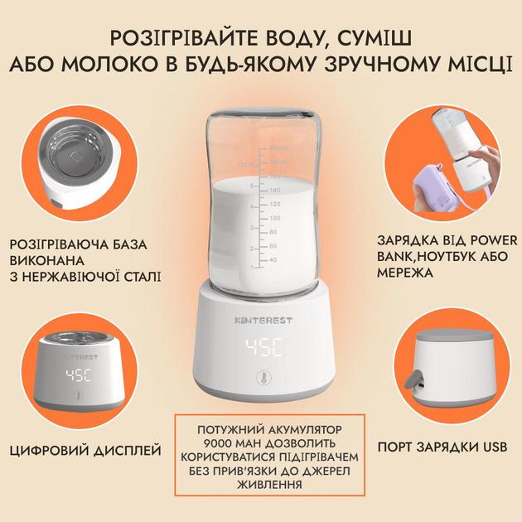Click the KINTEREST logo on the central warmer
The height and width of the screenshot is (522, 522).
[263, 321]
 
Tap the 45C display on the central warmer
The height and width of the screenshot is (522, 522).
[264, 347]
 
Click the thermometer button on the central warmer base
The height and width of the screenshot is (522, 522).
[263, 379]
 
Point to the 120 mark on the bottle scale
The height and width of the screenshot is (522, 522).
[275, 204]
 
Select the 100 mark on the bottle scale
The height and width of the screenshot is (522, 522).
[275, 218]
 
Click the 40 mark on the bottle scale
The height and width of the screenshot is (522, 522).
[273, 259]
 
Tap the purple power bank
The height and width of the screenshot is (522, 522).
[433, 193]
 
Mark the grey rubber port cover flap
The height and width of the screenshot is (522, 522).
[412, 379]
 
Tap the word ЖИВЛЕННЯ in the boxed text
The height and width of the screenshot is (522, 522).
[269, 485]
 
